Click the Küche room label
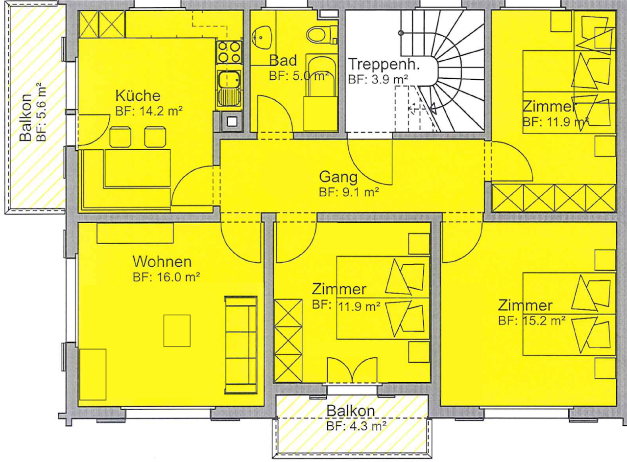pos(138,96)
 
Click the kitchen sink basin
pos(229,79)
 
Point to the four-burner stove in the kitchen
pos(229,52)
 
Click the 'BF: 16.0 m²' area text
pos(166,277)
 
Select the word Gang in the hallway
pos(338,177)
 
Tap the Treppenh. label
pos(384,64)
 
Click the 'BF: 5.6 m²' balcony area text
pos(41,112)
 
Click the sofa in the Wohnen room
pos(241,345)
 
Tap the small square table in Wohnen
pos(177,331)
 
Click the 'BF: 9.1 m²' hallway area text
pos(349,192)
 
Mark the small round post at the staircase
pos(401,33)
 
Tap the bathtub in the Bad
pos(321,92)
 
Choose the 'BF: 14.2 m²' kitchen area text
pos(149,111)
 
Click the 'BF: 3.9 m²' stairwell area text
pos(378,79)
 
